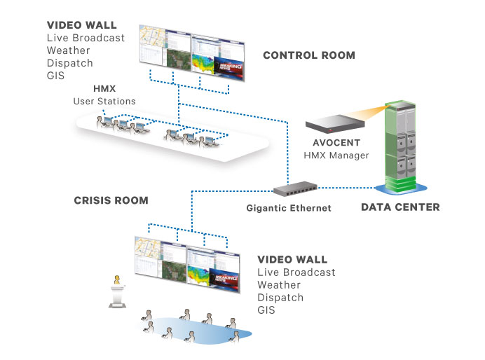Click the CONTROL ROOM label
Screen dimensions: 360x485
308,55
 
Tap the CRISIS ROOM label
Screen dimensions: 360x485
111,200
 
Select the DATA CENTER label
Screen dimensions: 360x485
400,207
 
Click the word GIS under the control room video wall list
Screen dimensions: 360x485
56,75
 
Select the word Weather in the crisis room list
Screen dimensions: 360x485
280,285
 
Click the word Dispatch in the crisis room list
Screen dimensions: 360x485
281,298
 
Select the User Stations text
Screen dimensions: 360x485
104,102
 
